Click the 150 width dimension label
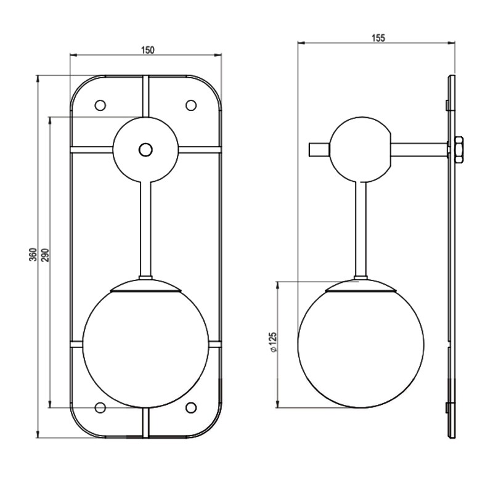click(x=147, y=49)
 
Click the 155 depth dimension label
click(x=378, y=38)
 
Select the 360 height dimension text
click(x=33, y=255)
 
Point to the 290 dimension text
click(x=44, y=255)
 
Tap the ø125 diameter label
click(x=272, y=343)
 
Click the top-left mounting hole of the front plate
click(x=100, y=105)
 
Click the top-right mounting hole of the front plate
click(x=191, y=105)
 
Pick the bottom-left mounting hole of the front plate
click(x=100, y=407)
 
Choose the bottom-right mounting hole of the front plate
click(x=191, y=407)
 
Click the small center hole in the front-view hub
click(x=145, y=149)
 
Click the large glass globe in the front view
click(x=145, y=348)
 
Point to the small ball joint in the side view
click(x=361, y=150)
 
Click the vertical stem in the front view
click(x=145, y=228)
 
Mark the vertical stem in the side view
click(x=361, y=228)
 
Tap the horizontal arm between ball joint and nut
click(x=419, y=150)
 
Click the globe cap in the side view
click(x=361, y=285)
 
